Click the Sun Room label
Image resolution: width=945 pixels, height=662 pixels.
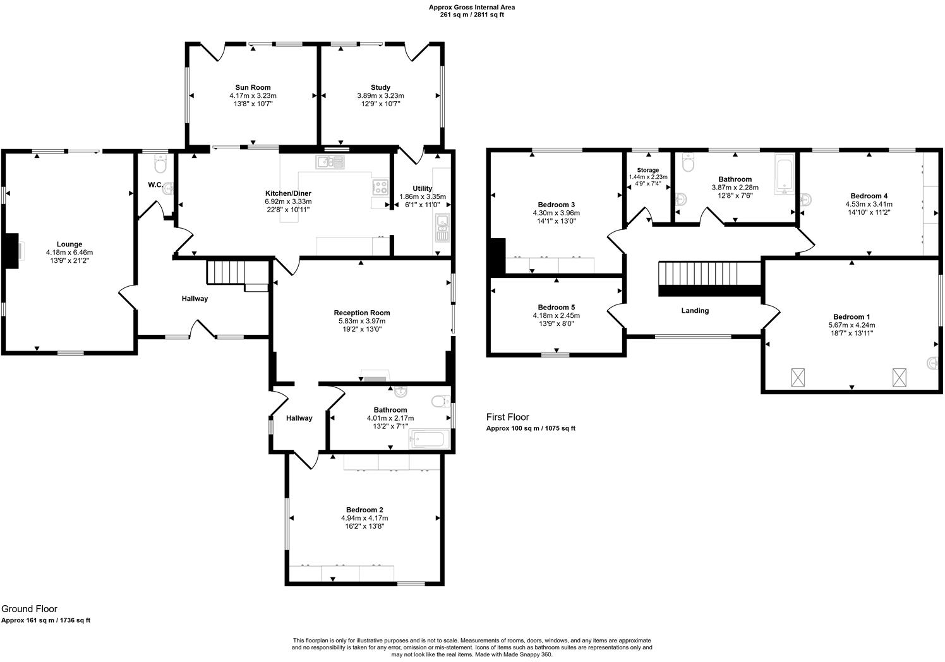pyautogui.click(x=253, y=88)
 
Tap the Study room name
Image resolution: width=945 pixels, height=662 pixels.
pyautogui.click(x=380, y=88)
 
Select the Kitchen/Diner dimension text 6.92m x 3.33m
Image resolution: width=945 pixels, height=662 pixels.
pyautogui.click(x=287, y=202)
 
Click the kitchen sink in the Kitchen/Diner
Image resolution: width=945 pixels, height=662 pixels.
pyautogui.click(x=330, y=163)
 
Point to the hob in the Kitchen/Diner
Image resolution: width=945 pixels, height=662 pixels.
pyautogui.click(x=381, y=187)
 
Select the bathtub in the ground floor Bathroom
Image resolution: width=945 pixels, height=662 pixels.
pyautogui.click(x=430, y=438)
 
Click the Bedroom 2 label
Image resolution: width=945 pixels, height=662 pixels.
pyautogui.click(x=364, y=510)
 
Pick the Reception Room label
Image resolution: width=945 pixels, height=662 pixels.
pyautogui.click(x=362, y=313)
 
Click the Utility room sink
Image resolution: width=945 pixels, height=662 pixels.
pyautogui.click(x=442, y=229)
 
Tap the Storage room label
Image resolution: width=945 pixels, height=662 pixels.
pyautogui.click(x=647, y=171)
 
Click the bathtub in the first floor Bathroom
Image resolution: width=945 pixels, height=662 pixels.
pyautogui.click(x=784, y=177)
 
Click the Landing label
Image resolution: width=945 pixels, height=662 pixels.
pyautogui.click(x=695, y=311)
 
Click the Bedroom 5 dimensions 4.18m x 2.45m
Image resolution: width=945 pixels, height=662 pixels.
pyautogui.click(x=556, y=316)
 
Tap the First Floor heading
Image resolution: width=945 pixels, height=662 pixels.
pyautogui.click(x=507, y=417)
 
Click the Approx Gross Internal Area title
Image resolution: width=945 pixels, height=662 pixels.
pyautogui.click(x=472, y=8)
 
